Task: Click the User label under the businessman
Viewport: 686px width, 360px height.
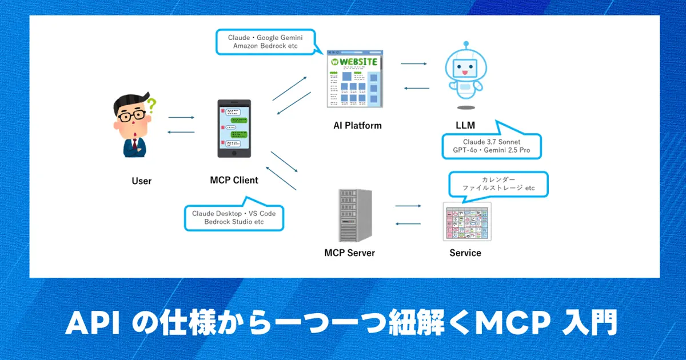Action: click(x=141, y=181)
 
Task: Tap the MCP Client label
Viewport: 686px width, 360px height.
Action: click(x=234, y=180)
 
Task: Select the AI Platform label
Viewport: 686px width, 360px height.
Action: click(x=357, y=125)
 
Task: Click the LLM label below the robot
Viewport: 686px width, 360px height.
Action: click(x=465, y=125)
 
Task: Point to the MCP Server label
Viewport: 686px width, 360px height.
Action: click(x=349, y=253)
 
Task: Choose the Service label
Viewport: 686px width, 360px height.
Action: click(x=465, y=253)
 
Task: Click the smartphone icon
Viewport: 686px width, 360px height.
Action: click(x=234, y=129)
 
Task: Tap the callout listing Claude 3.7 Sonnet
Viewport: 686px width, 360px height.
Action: click(x=492, y=147)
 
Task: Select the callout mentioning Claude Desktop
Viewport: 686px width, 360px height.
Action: click(x=234, y=217)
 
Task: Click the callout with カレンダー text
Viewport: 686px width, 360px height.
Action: click(x=498, y=184)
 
